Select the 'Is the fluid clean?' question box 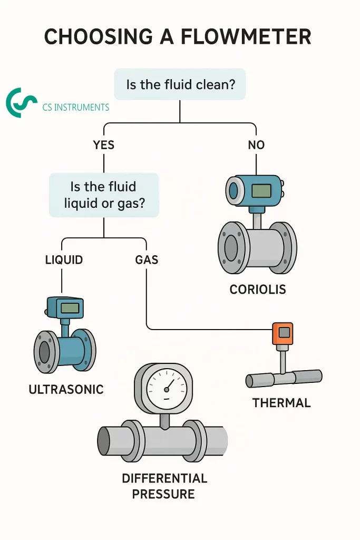tap(180, 84)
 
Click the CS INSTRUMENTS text tap(75, 108)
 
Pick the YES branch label tap(103, 145)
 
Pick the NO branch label tap(256, 145)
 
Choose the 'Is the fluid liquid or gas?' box tap(103, 195)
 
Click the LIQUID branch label tap(63, 260)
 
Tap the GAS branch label tap(147, 260)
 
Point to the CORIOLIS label tap(257, 290)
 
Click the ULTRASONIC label tap(66, 390)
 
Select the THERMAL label tap(281, 403)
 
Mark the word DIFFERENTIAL tap(164, 478)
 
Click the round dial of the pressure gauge tap(166, 389)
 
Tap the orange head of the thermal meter tap(283, 333)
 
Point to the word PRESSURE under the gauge tap(163, 494)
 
